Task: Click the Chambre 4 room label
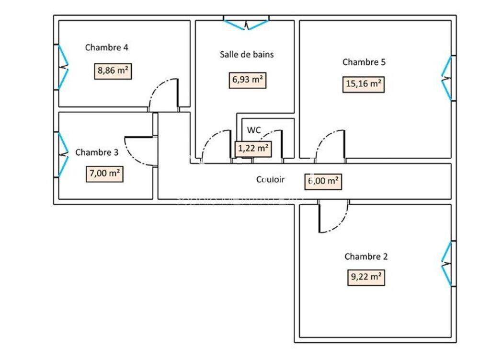point(106,47)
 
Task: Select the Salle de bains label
point(247,54)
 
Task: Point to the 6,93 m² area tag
point(248,80)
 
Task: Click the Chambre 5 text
point(364,62)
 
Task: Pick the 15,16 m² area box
point(364,85)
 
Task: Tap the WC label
point(253,129)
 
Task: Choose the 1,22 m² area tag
point(253,149)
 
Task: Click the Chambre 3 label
point(97,152)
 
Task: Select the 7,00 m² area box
point(104,173)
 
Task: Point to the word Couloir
point(270,180)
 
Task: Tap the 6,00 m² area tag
point(323,181)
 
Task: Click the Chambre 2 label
point(366,256)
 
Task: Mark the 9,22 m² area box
point(365,277)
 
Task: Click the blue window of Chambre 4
point(63,68)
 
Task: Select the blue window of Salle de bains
point(246,24)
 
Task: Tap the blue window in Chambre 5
point(446,78)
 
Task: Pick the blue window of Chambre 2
point(446,264)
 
